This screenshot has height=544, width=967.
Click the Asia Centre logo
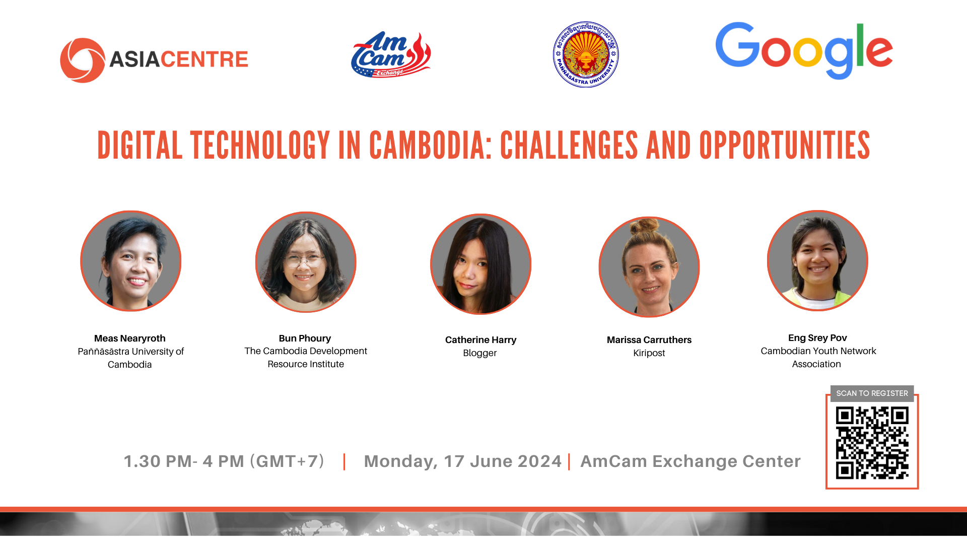click(x=154, y=60)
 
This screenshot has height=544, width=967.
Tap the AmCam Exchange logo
click(x=391, y=54)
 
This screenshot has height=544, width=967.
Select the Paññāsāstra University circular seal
click(x=586, y=54)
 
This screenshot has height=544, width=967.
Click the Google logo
click(x=804, y=50)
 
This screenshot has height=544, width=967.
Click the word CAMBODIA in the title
click(x=431, y=146)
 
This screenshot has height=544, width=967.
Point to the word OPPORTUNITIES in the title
click(x=785, y=146)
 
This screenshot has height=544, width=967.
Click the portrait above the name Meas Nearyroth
click(x=131, y=261)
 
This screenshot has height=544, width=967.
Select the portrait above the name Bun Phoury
click(x=306, y=262)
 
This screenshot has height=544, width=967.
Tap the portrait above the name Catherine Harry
click(x=481, y=264)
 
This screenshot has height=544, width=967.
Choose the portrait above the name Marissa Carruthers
click(x=649, y=267)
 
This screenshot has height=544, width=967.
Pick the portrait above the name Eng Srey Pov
click(x=817, y=260)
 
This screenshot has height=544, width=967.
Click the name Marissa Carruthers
click(x=649, y=340)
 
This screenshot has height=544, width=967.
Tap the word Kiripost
click(x=649, y=353)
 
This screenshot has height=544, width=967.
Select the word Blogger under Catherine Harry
click(x=480, y=353)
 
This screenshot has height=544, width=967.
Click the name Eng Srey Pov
click(x=817, y=338)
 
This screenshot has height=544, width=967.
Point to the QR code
click(x=872, y=443)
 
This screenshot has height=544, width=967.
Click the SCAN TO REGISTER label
click(x=872, y=393)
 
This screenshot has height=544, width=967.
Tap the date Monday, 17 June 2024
click(x=463, y=461)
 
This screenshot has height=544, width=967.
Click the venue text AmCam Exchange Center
click(x=690, y=461)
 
